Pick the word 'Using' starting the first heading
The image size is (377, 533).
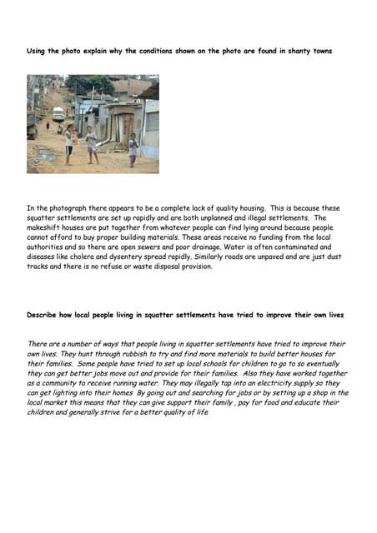(x=37, y=52)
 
